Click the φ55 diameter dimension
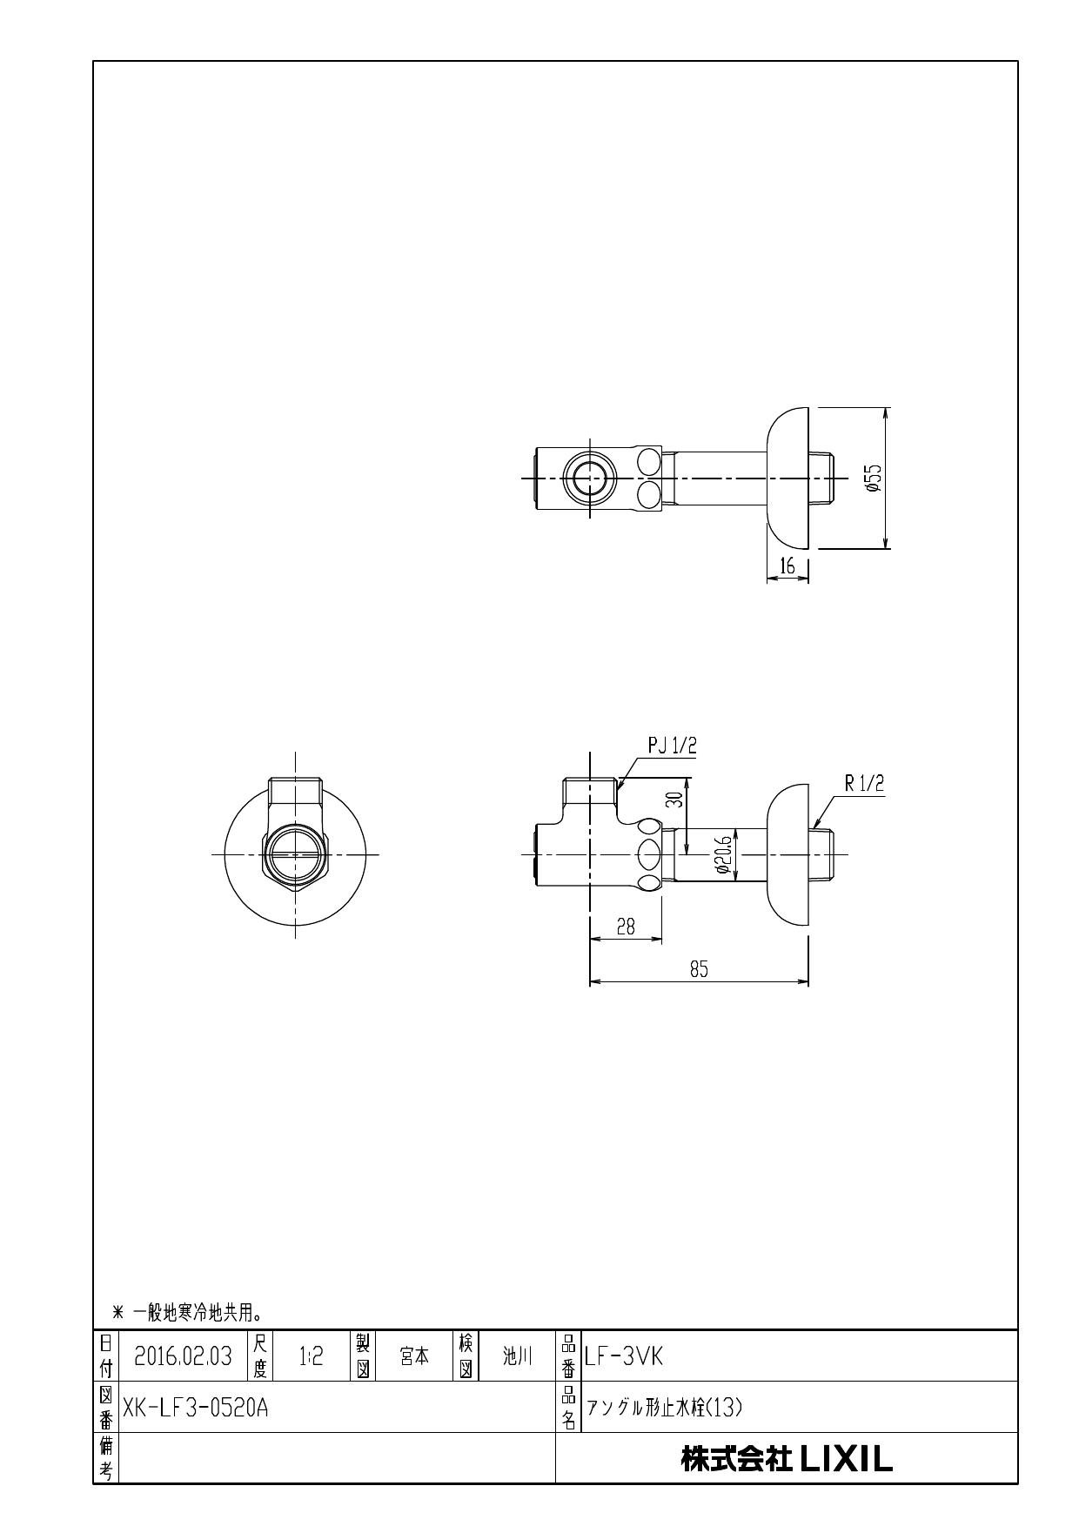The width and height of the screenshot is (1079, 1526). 874,477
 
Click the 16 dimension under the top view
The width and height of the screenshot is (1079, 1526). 787,566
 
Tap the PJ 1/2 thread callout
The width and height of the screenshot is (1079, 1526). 673,746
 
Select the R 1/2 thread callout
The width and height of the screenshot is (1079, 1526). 863,783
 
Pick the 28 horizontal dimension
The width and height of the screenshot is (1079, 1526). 625,927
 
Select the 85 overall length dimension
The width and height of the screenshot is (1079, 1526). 699,969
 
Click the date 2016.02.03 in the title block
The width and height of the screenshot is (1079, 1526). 183,1356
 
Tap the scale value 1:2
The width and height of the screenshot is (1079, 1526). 311,1356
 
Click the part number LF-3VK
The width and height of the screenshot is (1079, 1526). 624,1356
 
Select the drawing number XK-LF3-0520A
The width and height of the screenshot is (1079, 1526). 195,1407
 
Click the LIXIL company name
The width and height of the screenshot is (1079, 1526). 787,1459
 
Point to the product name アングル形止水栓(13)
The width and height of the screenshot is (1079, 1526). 664,1408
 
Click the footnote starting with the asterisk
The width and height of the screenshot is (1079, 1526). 187,1311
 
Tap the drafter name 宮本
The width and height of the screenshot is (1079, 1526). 414,1356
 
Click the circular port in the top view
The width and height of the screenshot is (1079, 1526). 590,478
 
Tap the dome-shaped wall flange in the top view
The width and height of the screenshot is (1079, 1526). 788,478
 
